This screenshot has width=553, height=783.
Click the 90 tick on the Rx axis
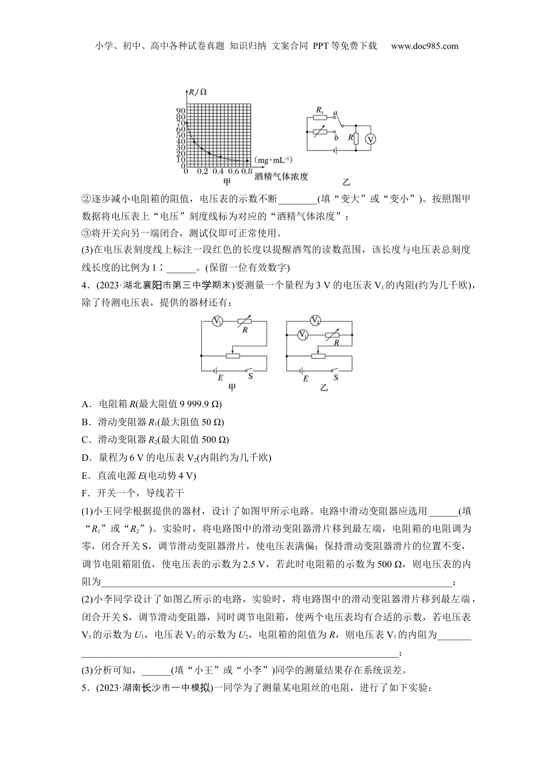[180, 111]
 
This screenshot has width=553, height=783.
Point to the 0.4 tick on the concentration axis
[218, 171]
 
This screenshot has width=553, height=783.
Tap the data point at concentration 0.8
[250, 160]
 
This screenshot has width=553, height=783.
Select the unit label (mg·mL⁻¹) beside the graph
[274, 160]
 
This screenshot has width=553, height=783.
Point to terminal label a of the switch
[335, 112]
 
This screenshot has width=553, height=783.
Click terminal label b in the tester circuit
[336, 137]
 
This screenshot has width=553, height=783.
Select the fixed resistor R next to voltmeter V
[356, 138]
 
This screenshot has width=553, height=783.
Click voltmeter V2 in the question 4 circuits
[316, 320]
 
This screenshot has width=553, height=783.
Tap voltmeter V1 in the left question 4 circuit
[217, 321]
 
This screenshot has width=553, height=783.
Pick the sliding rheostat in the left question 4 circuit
[233, 355]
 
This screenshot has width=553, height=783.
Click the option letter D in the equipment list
[86, 458]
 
